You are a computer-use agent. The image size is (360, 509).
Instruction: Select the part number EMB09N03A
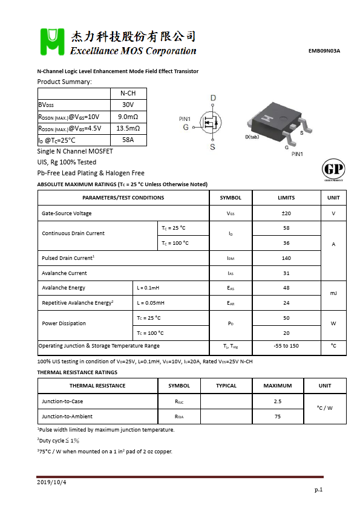[324, 51]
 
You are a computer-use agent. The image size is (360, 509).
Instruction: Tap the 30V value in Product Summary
[128, 105]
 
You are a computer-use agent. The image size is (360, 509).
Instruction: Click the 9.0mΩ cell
[128, 117]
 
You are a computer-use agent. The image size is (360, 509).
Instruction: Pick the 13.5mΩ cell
[128, 128]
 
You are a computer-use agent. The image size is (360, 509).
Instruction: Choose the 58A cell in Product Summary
[128, 140]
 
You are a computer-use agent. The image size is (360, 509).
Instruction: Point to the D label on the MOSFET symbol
[213, 98]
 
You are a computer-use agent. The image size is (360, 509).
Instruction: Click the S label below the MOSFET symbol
[212, 146]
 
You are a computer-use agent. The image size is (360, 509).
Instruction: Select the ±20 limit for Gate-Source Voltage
[286, 213]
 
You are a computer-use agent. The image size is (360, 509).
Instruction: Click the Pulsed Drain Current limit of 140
[286, 258]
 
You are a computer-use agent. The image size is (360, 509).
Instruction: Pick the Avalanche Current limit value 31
[286, 273]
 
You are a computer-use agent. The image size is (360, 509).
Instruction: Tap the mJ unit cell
[333, 295]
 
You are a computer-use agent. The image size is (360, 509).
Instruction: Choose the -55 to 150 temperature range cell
[286, 346]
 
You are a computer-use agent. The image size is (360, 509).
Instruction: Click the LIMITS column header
[286, 198]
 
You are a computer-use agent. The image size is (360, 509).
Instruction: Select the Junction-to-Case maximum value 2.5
[278, 401]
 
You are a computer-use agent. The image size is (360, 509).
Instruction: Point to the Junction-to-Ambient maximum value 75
[278, 416]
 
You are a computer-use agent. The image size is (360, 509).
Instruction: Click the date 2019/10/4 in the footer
[51, 482]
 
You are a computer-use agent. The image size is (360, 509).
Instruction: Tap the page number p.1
[319, 490]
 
